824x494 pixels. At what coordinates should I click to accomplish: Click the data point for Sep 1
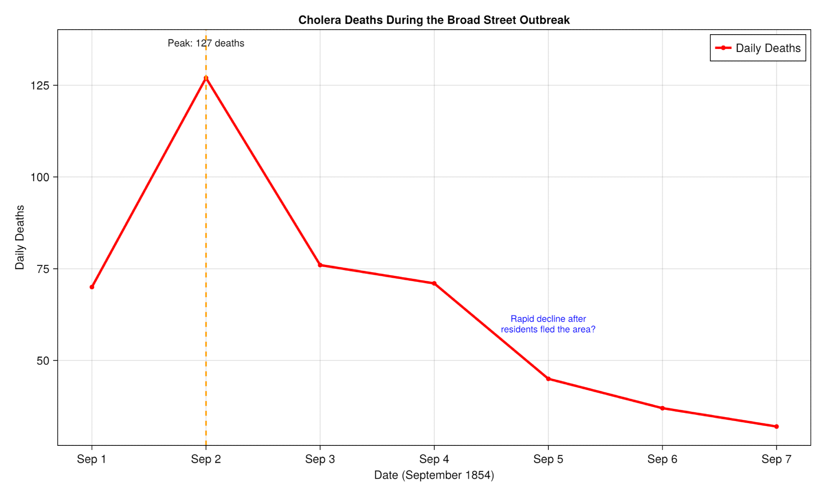(x=92, y=287)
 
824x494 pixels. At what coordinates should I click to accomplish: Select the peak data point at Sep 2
(x=206, y=78)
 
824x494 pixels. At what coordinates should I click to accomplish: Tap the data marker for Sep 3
(x=320, y=265)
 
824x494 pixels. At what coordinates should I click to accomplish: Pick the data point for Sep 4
(x=434, y=283)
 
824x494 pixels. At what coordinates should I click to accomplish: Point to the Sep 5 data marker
(x=548, y=379)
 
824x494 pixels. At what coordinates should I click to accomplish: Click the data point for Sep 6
(x=662, y=408)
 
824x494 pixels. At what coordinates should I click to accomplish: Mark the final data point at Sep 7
(x=776, y=427)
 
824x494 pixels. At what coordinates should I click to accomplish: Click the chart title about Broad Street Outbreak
(x=434, y=20)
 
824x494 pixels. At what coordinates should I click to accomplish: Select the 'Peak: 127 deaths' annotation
(x=206, y=43)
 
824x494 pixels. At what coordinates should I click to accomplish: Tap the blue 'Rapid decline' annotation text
(x=548, y=324)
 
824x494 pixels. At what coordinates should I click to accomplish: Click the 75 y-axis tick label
(x=43, y=269)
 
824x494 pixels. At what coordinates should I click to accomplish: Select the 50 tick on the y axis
(x=43, y=360)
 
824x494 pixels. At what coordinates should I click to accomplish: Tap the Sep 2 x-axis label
(x=206, y=459)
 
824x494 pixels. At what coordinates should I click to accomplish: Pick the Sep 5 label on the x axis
(x=548, y=459)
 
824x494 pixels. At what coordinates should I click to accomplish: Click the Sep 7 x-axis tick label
(x=776, y=459)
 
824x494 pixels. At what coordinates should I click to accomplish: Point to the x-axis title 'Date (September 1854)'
(x=434, y=475)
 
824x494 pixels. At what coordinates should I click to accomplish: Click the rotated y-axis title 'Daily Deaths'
(x=20, y=237)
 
